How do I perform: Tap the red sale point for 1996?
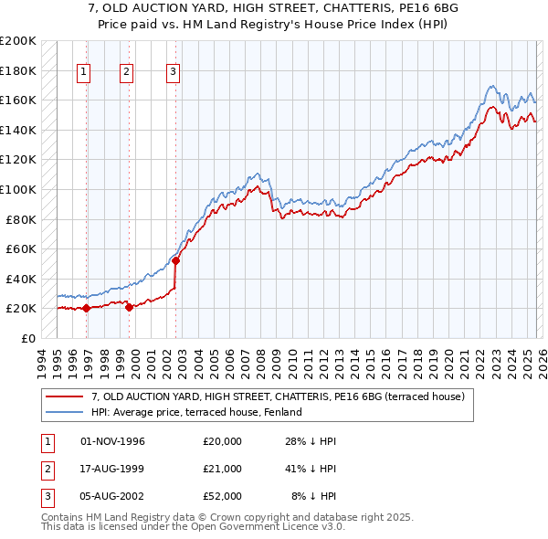tap(86, 308)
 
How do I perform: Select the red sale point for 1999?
tap(129, 307)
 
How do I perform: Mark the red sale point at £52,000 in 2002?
tap(175, 260)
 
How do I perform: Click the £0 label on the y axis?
tap(26, 338)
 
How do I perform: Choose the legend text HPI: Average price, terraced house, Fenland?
tap(202, 413)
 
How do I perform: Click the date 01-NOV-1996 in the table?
tap(113, 442)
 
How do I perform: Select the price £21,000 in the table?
tap(223, 469)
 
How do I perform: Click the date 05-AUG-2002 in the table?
tap(113, 495)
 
